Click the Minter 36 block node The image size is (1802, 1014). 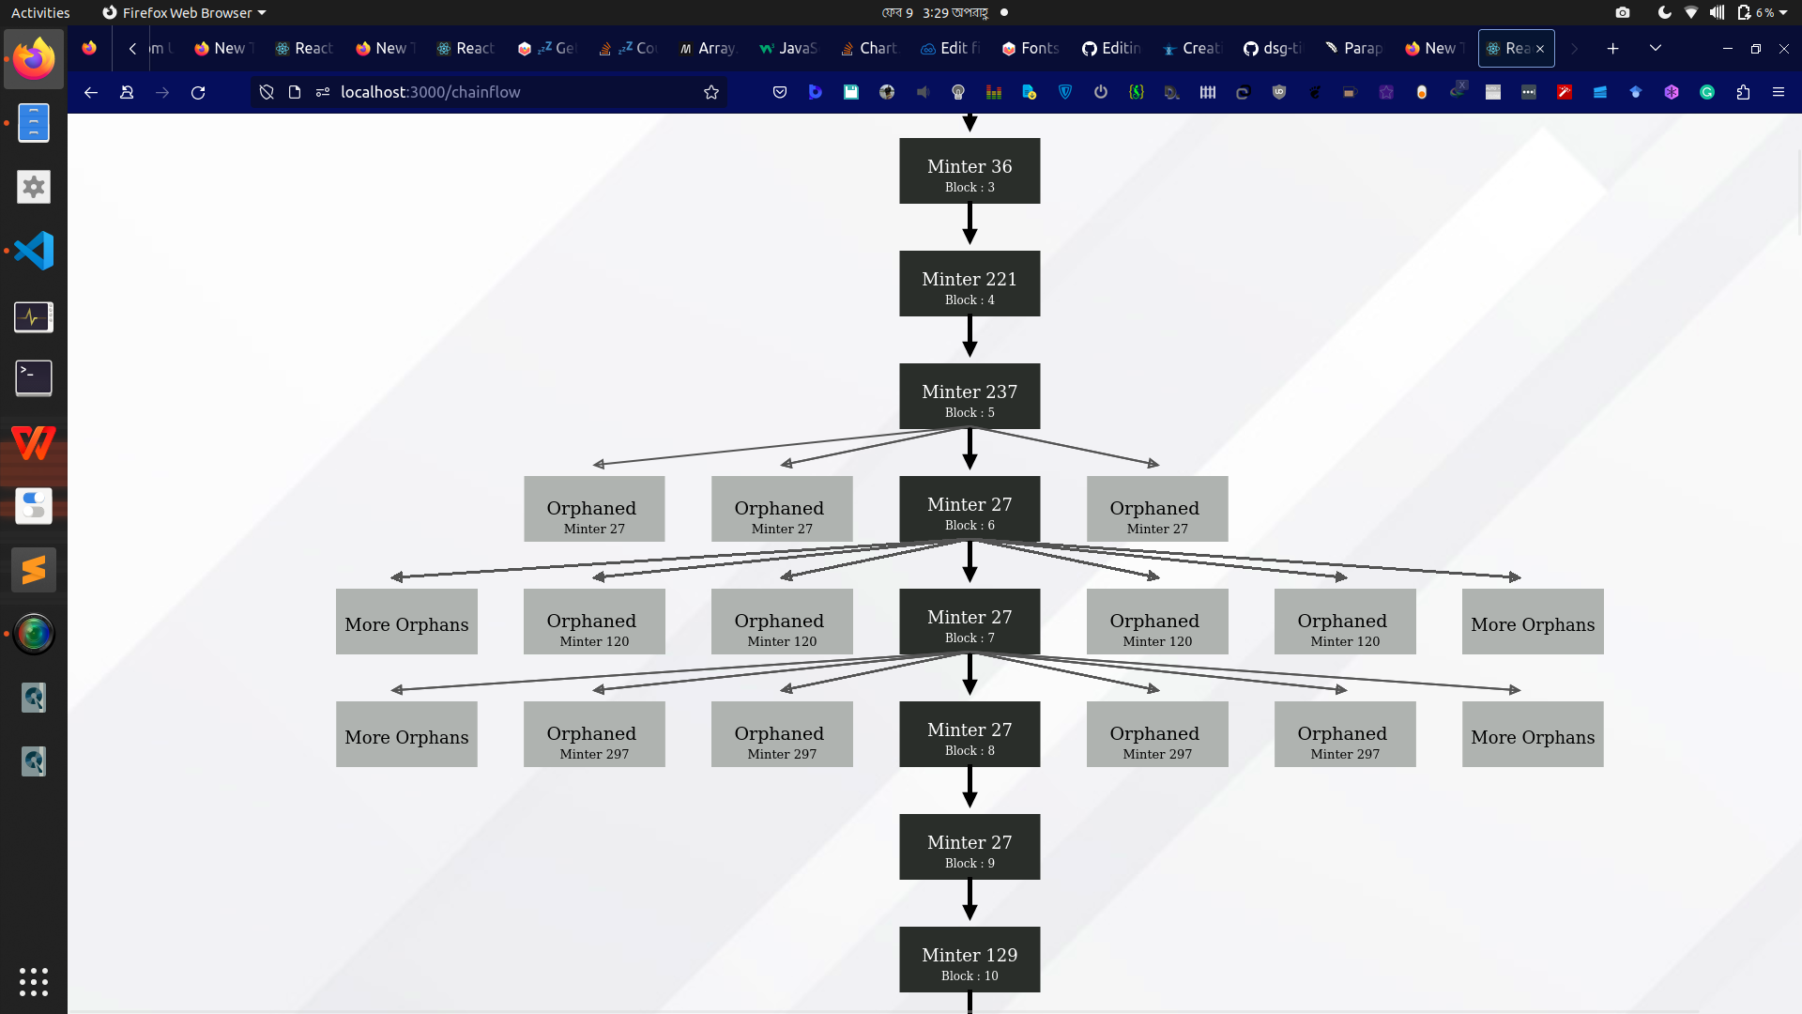click(970, 171)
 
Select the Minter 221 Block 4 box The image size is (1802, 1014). click(970, 284)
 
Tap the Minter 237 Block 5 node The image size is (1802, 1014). click(970, 396)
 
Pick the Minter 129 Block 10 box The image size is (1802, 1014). click(970, 960)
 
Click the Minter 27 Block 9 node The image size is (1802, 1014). click(970, 847)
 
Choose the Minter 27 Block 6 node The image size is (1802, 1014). click(970, 509)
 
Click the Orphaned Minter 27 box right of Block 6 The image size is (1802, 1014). click(1157, 509)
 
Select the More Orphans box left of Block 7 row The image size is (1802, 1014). click(406, 622)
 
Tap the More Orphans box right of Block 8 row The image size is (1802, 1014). click(1533, 734)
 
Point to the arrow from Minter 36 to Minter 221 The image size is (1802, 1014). click(970, 225)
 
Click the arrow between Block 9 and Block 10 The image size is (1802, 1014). click(970, 901)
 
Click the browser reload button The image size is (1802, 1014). click(198, 92)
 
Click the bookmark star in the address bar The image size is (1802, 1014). click(711, 92)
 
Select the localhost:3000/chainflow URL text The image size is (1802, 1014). click(430, 92)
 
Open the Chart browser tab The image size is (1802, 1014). click(869, 48)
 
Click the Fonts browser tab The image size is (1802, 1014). click(1031, 48)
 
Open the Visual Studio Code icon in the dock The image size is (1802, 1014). click(34, 251)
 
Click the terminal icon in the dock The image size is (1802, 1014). click(34, 378)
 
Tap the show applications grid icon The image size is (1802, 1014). click(34, 981)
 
